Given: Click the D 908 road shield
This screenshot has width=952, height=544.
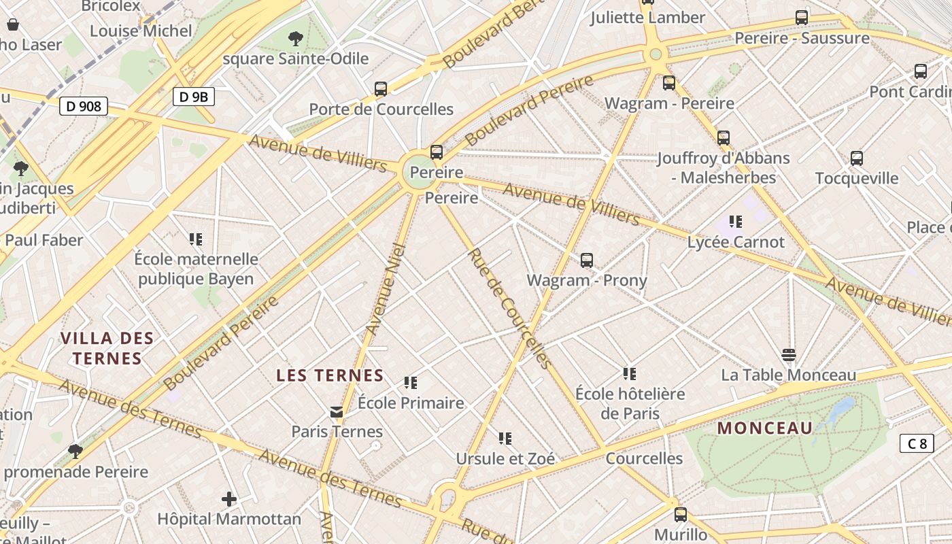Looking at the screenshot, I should pyautogui.click(x=84, y=106).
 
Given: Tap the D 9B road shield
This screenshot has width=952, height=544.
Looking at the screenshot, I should pyautogui.click(x=193, y=97).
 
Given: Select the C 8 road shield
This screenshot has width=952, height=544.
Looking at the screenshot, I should pyautogui.click(x=917, y=444).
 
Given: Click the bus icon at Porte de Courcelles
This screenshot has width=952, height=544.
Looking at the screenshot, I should pyautogui.click(x=381, y=89).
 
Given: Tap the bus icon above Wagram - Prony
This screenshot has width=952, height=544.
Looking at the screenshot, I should pyautogui.click(x=587, y=260).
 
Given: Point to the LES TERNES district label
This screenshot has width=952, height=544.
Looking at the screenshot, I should pyautogui.click(x=330, y=375).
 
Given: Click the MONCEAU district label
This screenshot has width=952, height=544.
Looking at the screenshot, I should pyautogui.click(x=765, y=428).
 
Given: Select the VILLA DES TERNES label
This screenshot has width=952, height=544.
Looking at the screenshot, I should pyautogui.click(x=107, y=348).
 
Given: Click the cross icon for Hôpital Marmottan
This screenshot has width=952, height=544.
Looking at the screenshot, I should pyautogui.click(x=229, y=500).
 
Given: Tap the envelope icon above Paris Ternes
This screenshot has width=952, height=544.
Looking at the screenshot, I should pyautogui.click(x=337, y=412).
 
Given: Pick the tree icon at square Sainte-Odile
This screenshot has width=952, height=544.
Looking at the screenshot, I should pyautogui.click(x=296, y=39).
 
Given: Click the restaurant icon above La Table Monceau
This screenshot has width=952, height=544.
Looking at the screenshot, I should pyautogui.click(x=789, y=355).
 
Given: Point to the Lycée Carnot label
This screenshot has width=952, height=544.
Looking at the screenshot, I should pyautogui.click(x=736, y=242).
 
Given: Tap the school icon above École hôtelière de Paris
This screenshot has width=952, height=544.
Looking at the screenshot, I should pyautogui.click(x=630, y=374).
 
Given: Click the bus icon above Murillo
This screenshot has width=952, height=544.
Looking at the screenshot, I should pyautogui.click(x=681, y=515).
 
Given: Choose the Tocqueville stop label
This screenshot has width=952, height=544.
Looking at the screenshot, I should pyautogui.click(x=857, y=179).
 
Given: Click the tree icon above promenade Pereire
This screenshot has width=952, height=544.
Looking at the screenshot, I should pyautogui.click(x=75, y=452).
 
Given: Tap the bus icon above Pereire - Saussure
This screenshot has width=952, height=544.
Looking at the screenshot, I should pyautogui.click(x=802, y=18).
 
